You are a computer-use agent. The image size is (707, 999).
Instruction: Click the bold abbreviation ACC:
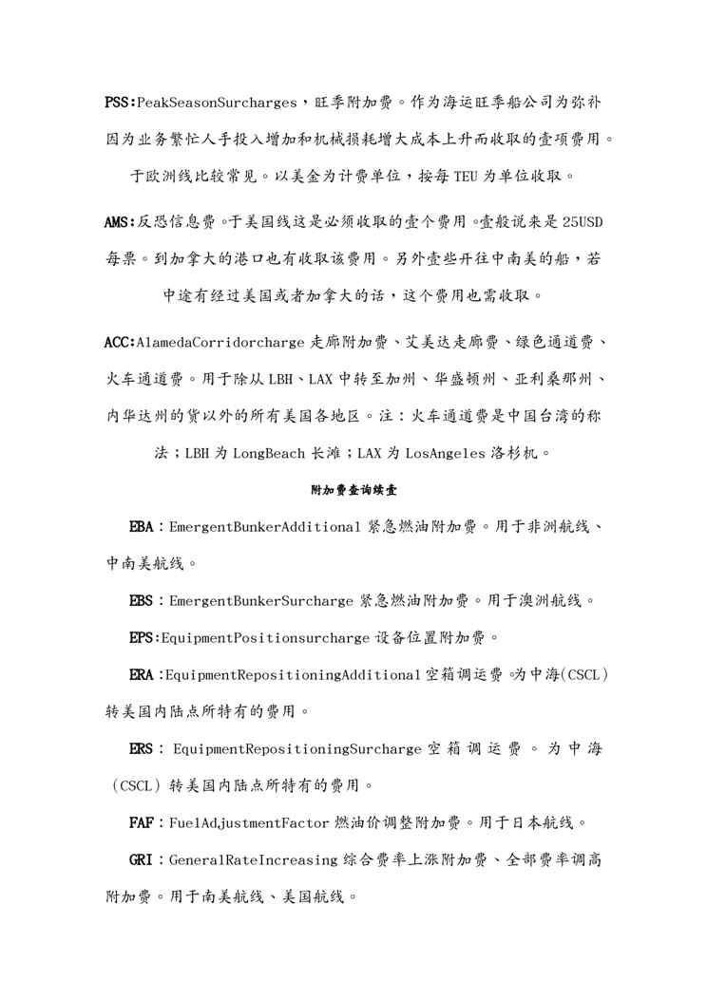pyautogui.click(x=121, y=342)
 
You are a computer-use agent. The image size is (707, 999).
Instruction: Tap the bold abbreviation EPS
pyautogui.click(x=142, y=637)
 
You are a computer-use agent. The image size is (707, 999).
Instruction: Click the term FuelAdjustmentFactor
pyautogui.click(x=251, y=822)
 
